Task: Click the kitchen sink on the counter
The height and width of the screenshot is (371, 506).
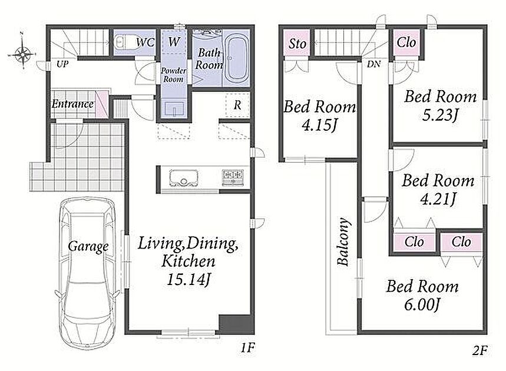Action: point(183,178)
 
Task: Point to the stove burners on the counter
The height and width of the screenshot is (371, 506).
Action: point(233,177)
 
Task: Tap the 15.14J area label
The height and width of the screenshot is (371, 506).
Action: point(188,279)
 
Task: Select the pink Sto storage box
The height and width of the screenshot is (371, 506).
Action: point(297,43)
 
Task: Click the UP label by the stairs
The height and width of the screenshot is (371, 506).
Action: point(62,64)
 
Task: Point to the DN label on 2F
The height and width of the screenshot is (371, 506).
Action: point(373,64)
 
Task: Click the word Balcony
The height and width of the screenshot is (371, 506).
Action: point(343,241)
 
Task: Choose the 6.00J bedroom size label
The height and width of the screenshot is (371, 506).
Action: point(422,304)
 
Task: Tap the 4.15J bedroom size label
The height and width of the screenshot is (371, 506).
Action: point(319,125)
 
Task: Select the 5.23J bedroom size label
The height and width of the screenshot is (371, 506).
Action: point(440,115)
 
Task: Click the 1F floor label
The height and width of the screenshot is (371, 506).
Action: point(247,348)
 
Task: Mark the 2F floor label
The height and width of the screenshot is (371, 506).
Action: point(480,350)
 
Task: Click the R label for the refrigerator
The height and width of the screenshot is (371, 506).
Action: point(237,105)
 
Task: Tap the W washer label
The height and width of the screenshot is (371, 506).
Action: point(174,42)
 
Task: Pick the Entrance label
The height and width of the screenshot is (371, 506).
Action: point(72,104)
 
